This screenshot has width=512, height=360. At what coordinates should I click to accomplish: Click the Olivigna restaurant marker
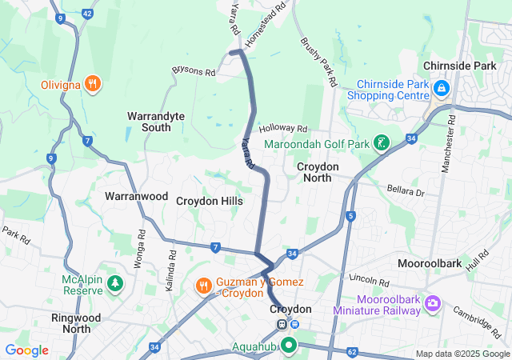94,82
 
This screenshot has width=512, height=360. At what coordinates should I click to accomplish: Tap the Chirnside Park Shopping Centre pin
441,87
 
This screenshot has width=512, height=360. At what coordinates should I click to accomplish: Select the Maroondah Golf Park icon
382,143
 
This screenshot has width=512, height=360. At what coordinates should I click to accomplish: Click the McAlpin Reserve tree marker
115,283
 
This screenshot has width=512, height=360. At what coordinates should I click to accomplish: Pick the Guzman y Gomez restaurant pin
204,286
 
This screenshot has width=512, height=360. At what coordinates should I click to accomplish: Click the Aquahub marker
287,346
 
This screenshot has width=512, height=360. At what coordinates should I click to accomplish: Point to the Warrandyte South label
155,122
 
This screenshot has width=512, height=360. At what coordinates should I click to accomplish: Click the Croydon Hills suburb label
210,202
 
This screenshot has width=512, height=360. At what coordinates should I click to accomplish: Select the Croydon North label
318,172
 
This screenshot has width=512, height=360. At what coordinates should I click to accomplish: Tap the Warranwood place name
136,196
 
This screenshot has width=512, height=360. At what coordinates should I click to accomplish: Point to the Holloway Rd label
283,129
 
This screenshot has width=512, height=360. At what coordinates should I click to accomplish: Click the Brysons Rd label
194,72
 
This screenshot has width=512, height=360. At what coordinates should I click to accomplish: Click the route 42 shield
87,14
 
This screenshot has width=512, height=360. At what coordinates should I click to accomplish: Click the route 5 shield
350,216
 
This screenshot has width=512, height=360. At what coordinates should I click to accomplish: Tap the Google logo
26,350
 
